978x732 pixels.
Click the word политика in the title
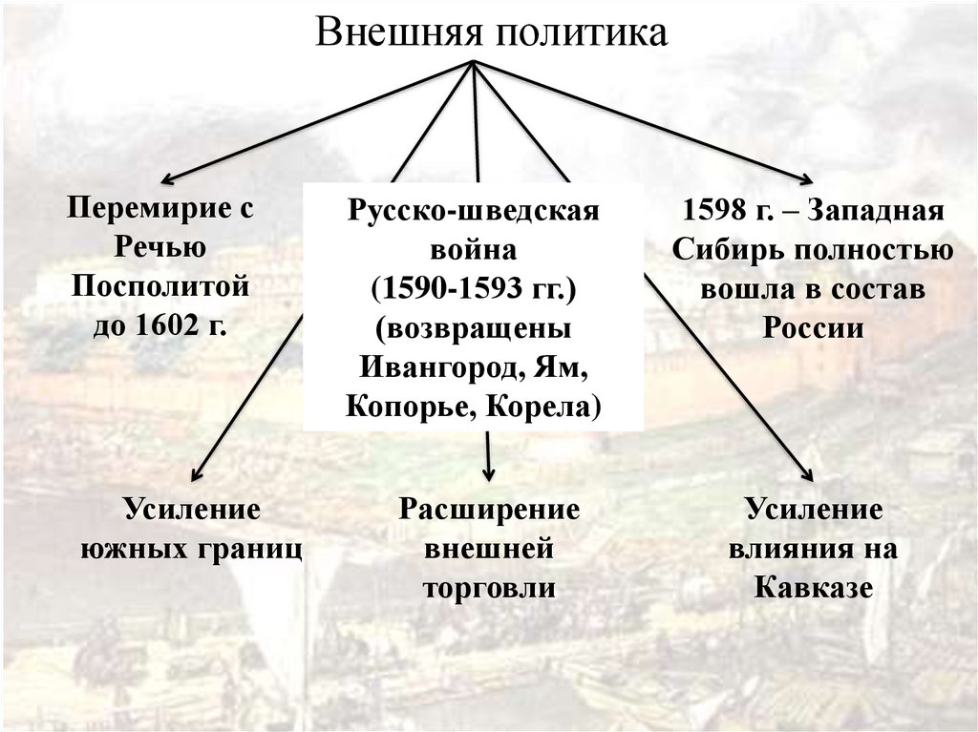tap(580, 32)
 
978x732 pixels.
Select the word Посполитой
tap(160, 286)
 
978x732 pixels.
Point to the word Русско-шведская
tap(473, 212)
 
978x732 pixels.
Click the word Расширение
tap(489, 509)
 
